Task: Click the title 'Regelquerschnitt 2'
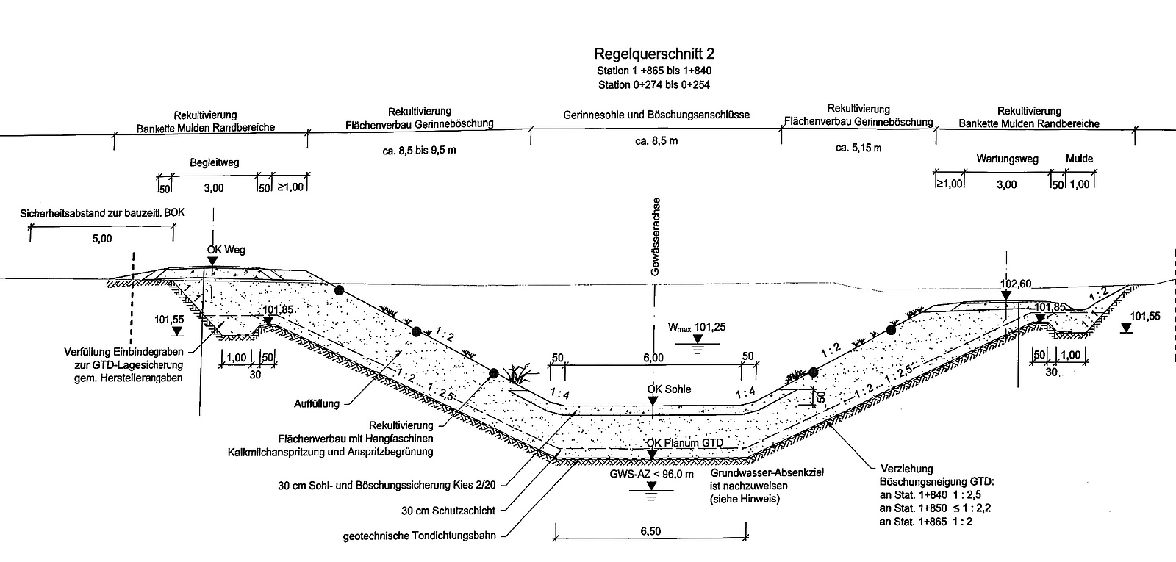pos(653,54)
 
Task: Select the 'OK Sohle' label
pos(669,389)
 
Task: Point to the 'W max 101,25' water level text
pos(696,328)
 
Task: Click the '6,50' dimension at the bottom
pos(650,530)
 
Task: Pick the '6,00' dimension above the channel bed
pos(653,358)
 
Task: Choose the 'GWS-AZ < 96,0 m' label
pos(651,474)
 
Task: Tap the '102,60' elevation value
pos(1016,283)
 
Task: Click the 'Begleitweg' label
pos(214,162)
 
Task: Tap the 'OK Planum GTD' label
pos(684,443)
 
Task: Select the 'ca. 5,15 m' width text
pos(858,148)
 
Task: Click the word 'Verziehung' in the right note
pos(906,468)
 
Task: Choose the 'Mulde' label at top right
pos(1079,159)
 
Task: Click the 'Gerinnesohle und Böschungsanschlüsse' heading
pos(656,115)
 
